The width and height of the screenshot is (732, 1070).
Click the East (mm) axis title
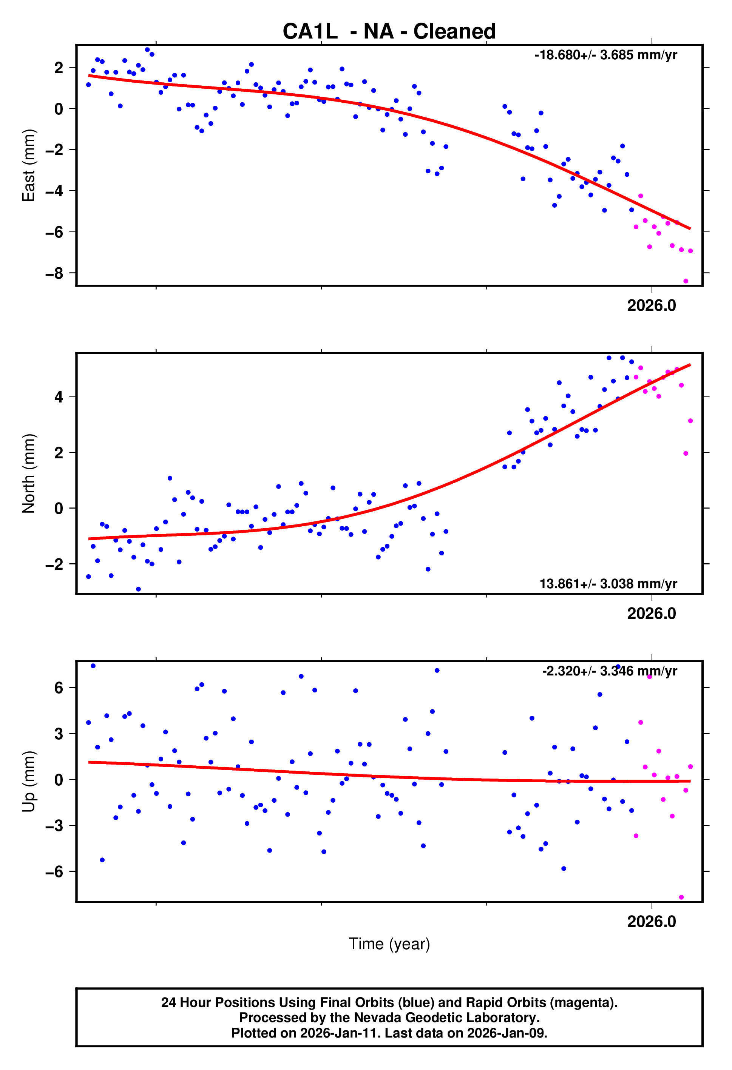click(x=29, y=165)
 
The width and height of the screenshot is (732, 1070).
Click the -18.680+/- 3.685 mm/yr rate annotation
click(x=605, y=55)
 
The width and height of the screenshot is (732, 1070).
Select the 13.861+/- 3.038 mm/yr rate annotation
click(x=608, y=584)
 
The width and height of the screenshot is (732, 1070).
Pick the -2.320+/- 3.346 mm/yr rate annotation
click(x=609, y=671)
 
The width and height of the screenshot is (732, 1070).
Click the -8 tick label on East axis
click(x=54, y=273)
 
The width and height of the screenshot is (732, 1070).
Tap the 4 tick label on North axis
click(x=59, y=397)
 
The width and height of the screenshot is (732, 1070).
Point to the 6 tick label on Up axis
click(x=59, y=688)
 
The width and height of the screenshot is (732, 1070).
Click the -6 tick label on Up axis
click(x=54, y=871)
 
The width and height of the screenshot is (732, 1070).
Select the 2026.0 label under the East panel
click(x=652, y=306)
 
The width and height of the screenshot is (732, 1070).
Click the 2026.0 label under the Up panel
click(x=652, y=921)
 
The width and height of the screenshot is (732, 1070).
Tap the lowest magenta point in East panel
click(x=686, y=281)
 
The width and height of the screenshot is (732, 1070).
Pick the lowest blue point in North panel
click(x=138, y=589)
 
